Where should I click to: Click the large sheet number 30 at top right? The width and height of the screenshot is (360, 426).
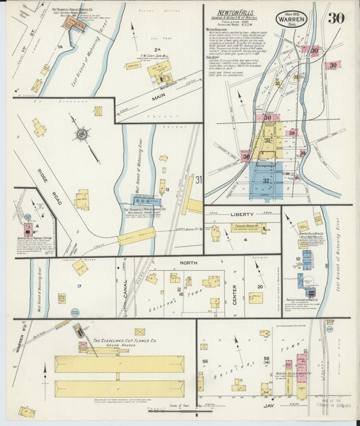click(336, 18)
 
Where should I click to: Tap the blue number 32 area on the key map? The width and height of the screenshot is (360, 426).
click(265, 180)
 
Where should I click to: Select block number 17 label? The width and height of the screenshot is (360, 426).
click(79, 286)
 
